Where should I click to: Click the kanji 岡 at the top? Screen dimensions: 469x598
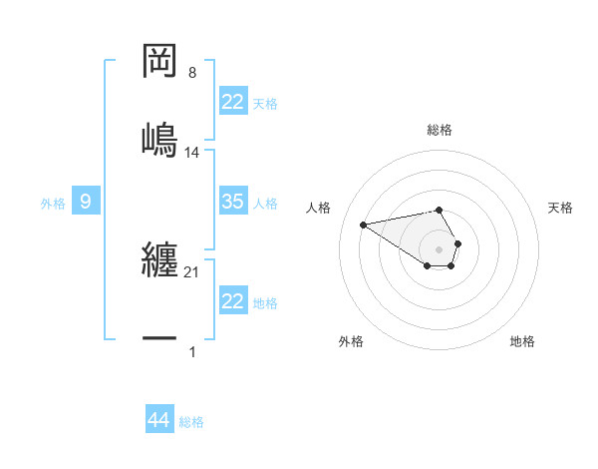pos(159,62)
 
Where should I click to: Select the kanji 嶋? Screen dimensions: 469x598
pos(159,137)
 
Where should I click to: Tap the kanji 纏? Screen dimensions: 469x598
pos(159,263)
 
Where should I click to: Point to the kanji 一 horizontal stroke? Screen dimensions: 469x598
pos(159,339)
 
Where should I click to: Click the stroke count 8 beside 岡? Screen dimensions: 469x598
pos(192,73)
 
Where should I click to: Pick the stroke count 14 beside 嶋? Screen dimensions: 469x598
pos(192,152)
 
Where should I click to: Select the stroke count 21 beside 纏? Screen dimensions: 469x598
pos(192,272)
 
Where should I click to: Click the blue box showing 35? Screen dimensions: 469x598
pos(233,202)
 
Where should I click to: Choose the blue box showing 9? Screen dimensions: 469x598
pos(86,202)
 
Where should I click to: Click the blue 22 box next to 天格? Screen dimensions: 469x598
pos(233,102)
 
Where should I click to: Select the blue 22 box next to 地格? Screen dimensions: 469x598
pos(233,301)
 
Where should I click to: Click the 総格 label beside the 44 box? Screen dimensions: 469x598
pos(191,422)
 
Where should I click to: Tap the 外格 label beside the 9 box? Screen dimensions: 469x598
pos(53,204)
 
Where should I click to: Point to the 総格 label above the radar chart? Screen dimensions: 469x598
pos(440,130)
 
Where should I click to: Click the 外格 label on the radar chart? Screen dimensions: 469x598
pos(351,341)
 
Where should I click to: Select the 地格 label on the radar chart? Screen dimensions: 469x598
pos(522,341)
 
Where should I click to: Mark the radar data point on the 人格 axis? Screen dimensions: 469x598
pos(364,224)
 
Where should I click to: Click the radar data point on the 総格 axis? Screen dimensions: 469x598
pos(440,210)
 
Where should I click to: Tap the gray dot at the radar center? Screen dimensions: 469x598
pos(440,248)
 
